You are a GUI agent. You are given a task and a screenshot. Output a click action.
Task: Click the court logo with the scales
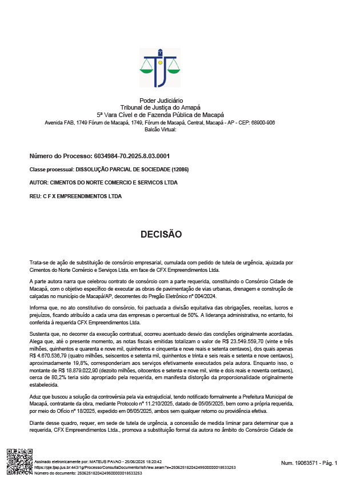[x=159, y=67]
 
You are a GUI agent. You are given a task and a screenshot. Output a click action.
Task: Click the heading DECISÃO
[x=161, y=235]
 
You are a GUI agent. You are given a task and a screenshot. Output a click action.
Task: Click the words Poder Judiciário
[x=161, y=101]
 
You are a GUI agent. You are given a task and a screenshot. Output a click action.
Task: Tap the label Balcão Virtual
[x=161, y=130]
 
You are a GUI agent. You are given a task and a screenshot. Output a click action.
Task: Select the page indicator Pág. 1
[x=328, y=463]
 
